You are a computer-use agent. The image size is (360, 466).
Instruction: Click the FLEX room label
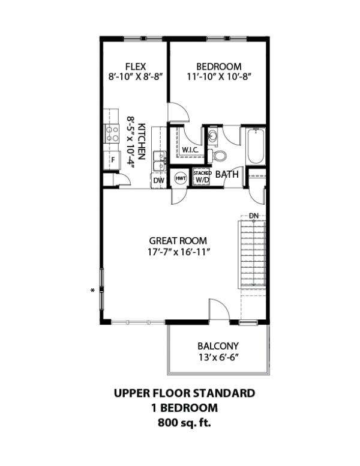[136, 66]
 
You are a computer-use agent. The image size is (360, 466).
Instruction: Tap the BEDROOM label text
[219, 66]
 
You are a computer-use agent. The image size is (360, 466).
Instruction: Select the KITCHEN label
[142, 142]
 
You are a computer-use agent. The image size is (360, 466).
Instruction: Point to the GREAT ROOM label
[178, 240]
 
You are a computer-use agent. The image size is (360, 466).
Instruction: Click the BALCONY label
[218, 346]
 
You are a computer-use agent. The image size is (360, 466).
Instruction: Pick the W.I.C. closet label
[190, 150]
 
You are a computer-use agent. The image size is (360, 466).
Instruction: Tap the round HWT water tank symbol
[181, 178]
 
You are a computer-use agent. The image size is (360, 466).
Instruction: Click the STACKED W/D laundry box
[202, 177]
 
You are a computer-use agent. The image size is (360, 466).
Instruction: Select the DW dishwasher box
[159, 180]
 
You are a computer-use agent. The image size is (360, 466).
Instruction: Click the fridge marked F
[112, 160]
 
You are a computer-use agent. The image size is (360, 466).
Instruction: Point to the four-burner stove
[112, 134]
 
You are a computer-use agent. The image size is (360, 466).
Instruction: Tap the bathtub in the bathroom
[256, 146]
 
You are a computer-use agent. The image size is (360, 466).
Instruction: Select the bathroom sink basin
[212, 136]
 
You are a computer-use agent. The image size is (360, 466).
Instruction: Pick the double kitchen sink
[160, 161]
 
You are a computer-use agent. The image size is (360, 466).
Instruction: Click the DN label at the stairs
[254, 216]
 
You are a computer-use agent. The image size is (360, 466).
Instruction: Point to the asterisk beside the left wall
[92, 291]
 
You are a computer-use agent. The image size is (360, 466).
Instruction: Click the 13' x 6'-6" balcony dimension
[219, 357]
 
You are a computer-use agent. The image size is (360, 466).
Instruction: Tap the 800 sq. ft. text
[184, 422]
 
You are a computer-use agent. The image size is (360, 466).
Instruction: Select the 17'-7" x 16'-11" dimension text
[179, 252]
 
